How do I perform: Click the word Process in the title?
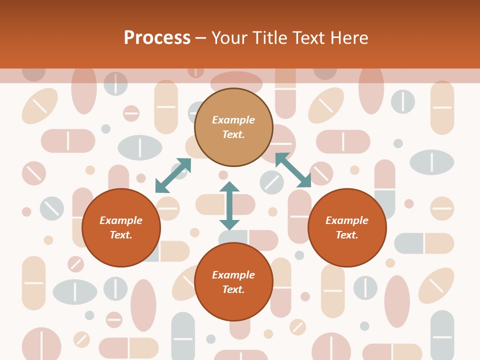pos(157,38)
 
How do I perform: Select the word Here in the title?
pos(349,38)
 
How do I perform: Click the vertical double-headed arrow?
pos(229,205)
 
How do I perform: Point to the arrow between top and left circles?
pos(173,175)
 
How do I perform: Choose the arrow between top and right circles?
pos(293,170)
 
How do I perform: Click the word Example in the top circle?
pos(233,120)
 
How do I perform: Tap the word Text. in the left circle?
pos(121,235)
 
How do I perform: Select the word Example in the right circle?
pos(347,220)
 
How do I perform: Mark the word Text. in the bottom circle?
pos(233,289)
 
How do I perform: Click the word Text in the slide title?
pos(310,38)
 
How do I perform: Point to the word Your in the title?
pos(229,38)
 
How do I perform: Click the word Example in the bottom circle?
pos(233,275)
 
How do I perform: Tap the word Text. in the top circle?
pos(233,134)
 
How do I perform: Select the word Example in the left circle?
pos(121,220)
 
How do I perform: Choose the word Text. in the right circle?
pos(347,235)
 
